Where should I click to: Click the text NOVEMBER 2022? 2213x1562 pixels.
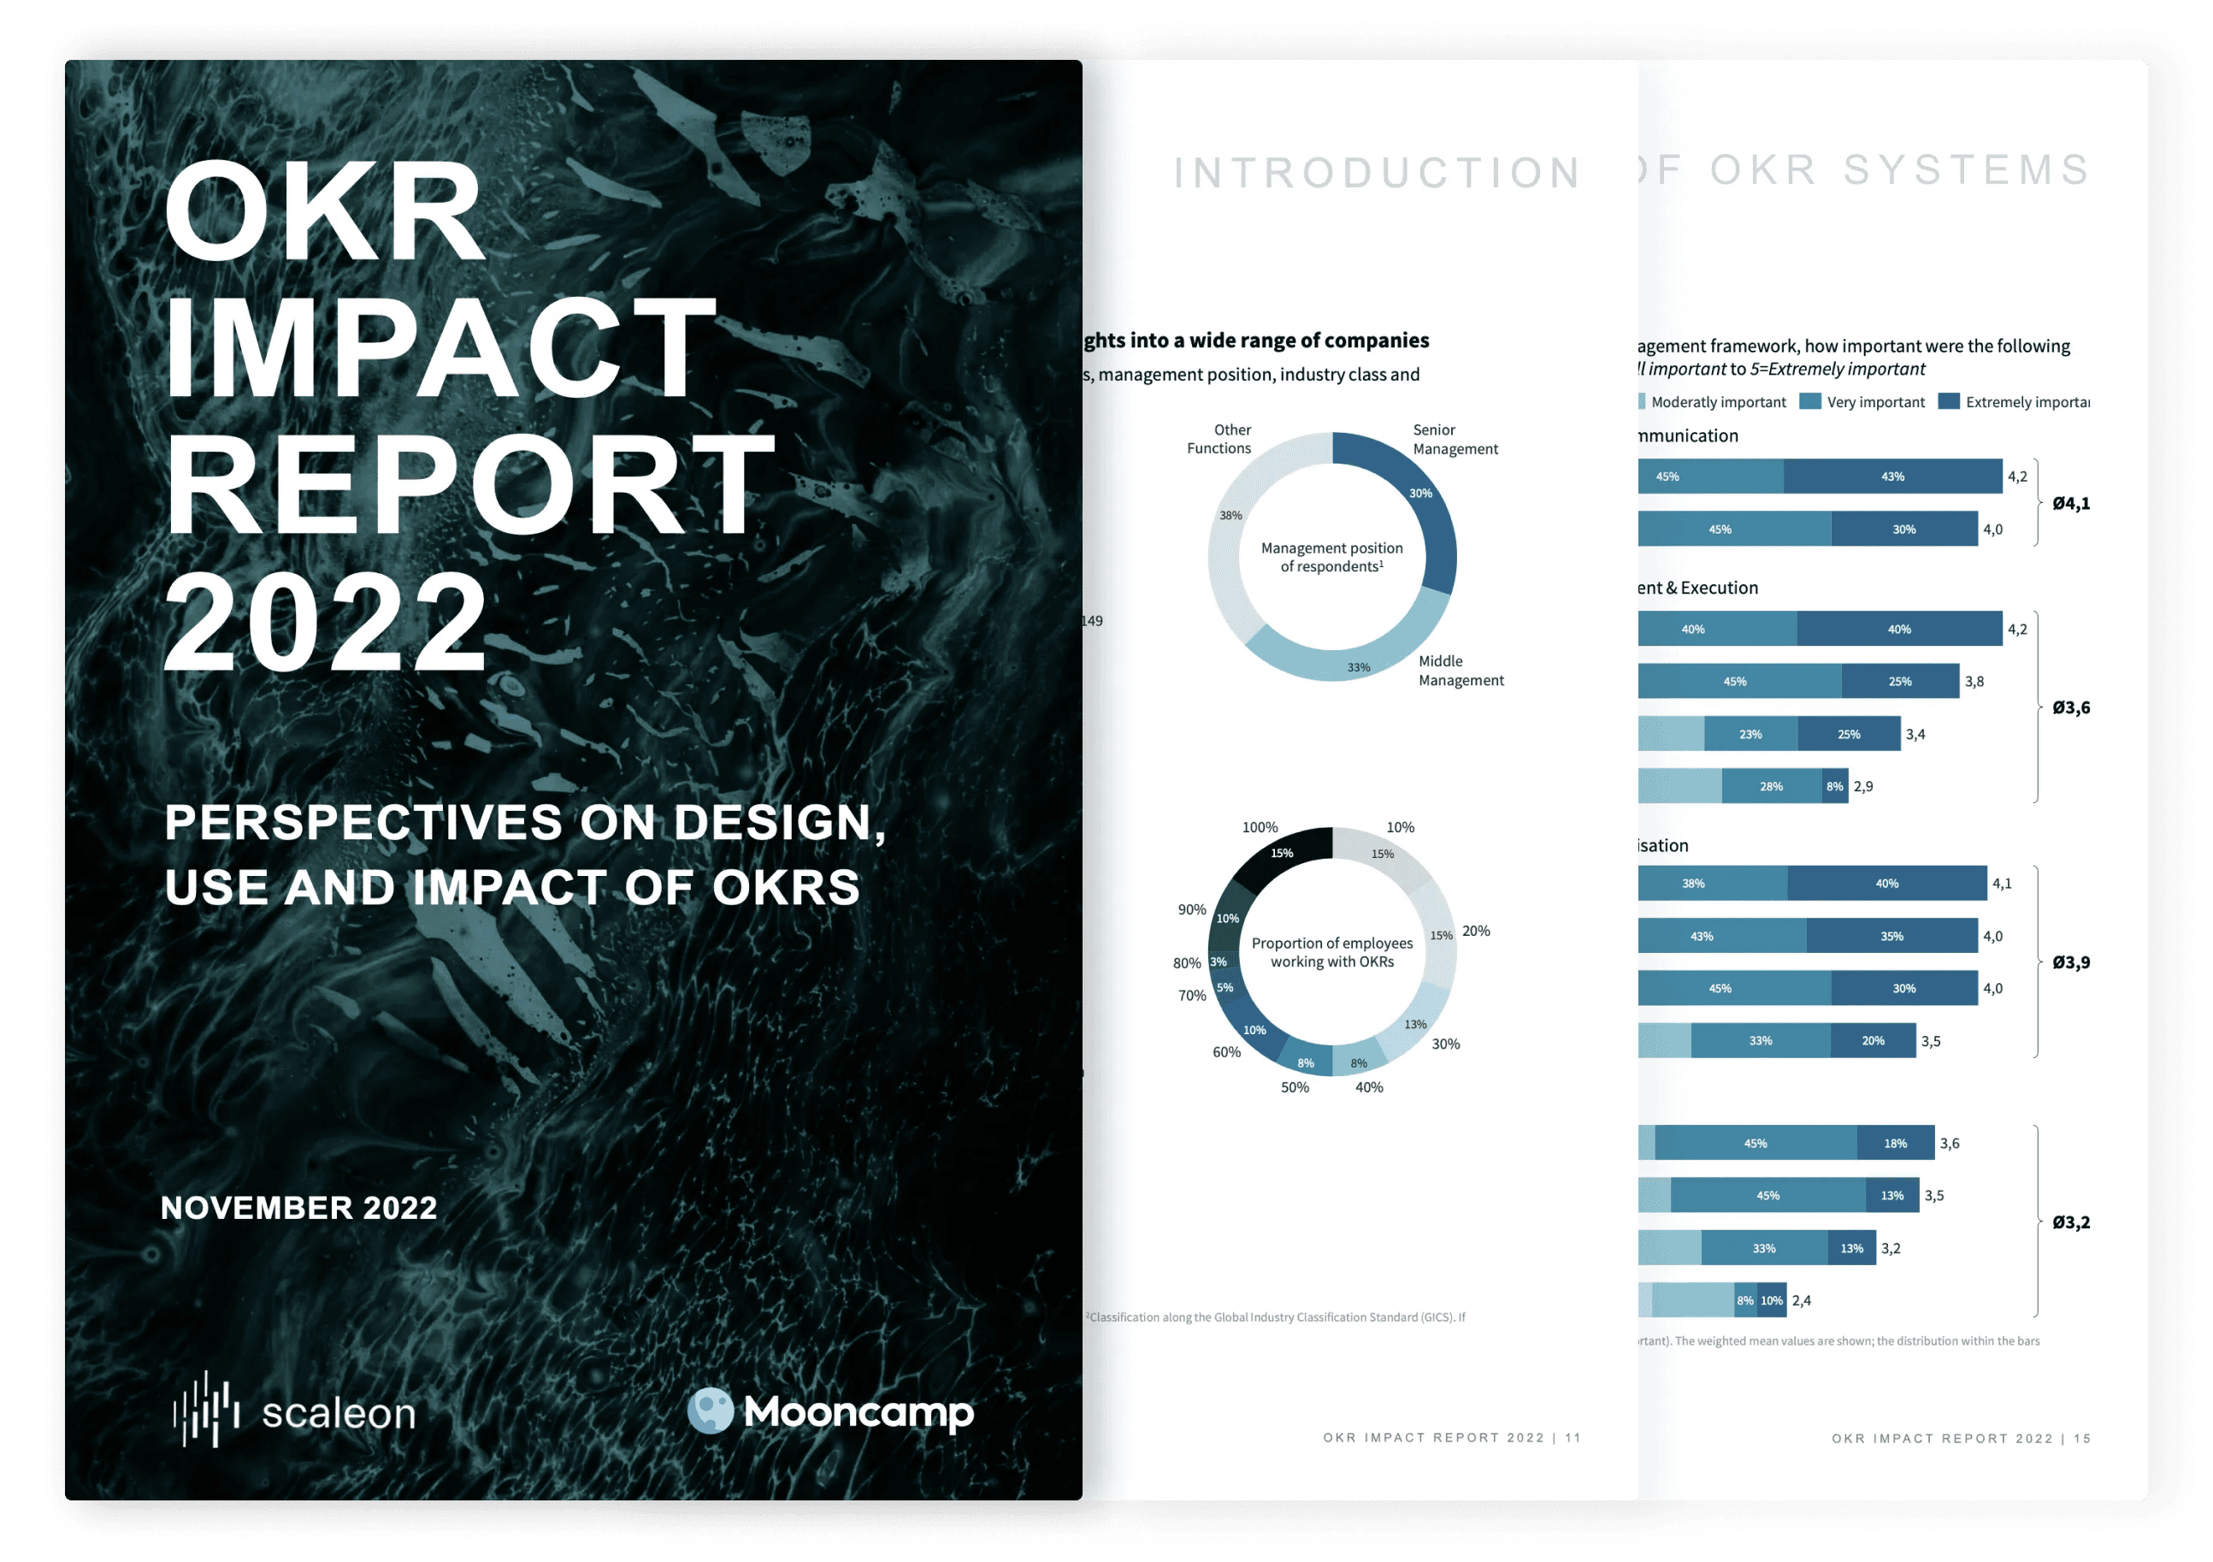[298, 1207]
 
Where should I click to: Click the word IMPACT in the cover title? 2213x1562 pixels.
[440, 347]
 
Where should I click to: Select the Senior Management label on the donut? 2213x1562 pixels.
[1455, 440]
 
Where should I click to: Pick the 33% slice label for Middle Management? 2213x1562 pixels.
[1358, 667]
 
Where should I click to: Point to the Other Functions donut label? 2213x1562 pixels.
[1219, 439]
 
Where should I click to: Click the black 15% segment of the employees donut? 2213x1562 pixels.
[1281, 854]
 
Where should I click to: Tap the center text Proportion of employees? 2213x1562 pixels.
[1332, 943]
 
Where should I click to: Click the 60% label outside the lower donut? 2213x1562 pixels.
[1226, 1052]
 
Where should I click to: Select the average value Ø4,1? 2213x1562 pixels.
[2070, 503]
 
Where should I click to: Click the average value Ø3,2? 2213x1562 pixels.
[2070, 1222]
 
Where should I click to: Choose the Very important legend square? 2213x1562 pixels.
[1810, 401]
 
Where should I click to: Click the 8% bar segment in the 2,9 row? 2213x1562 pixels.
[1834, 787]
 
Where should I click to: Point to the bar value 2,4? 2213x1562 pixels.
[1802, 1301]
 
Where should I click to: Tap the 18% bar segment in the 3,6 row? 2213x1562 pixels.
[1895, 1144]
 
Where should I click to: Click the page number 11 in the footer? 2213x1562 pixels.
[1573, 1438]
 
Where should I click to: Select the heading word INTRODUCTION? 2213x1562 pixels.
[1378, 174]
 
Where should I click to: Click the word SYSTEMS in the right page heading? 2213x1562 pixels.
[1966, 171]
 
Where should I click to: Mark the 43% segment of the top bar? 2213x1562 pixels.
[1892, 476]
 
